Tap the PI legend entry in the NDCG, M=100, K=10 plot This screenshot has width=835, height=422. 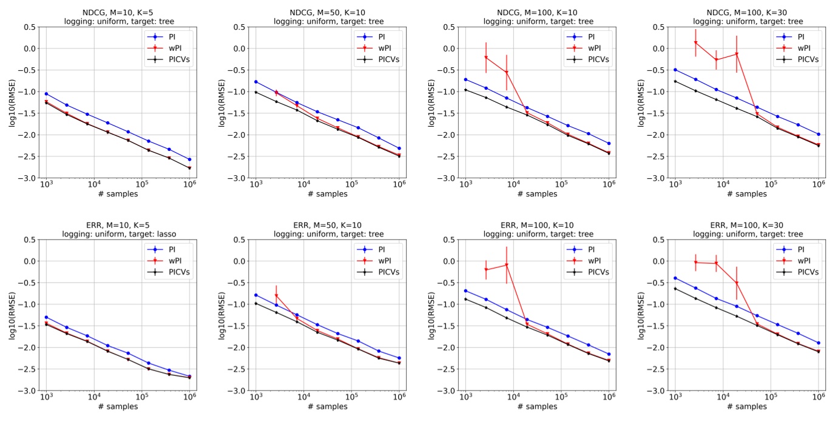(589, 36)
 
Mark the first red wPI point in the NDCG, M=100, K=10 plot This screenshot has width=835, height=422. (486, 58)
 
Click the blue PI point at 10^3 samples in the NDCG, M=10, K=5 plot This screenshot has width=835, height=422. (46, 94)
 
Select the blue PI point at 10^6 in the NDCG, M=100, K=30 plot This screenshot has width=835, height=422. (819, 134)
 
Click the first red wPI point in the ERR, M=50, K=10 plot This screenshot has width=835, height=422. (276, 296)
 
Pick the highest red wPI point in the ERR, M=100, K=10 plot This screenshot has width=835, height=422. (506, 265)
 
